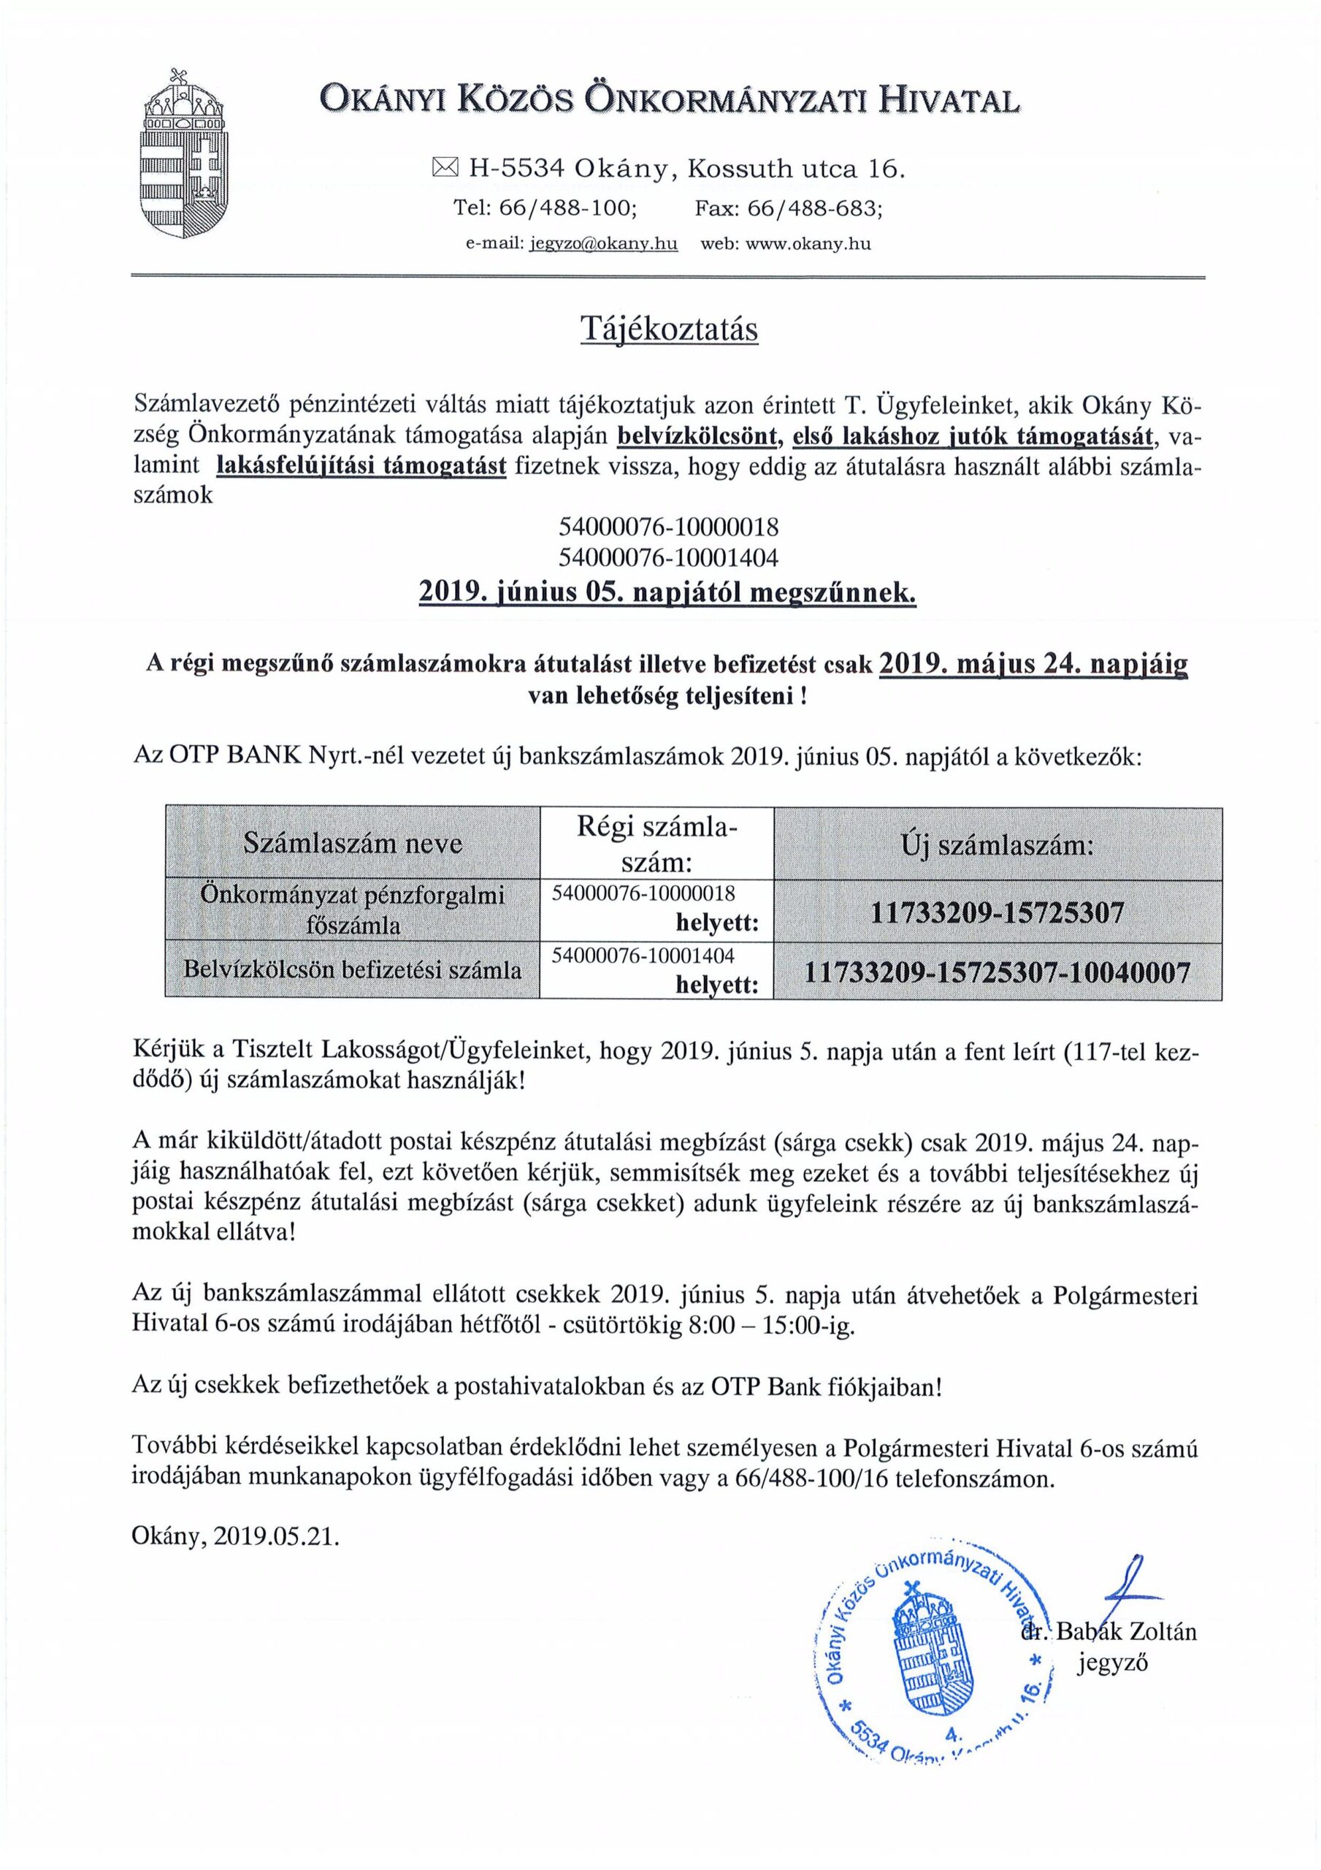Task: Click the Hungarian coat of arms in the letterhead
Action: click(183, 155)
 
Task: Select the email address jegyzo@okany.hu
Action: click(603, 243)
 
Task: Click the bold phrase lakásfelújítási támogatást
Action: click(361, 466)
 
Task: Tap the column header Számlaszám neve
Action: click(353, 843)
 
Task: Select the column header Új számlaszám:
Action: click(997, 845)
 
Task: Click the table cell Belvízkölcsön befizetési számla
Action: click(353, 969)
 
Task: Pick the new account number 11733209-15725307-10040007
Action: click(997, 972)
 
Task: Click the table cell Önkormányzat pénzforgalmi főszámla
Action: click(353, 909)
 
